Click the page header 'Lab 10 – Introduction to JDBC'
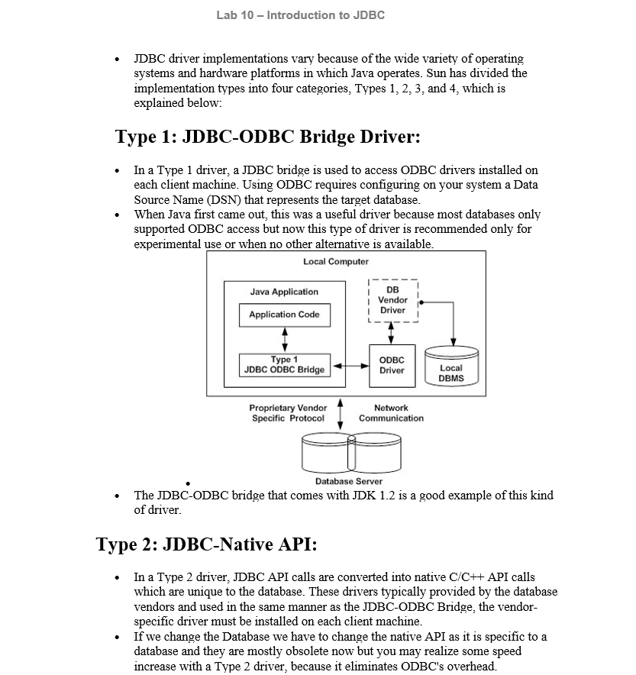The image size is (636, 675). click(300, 15)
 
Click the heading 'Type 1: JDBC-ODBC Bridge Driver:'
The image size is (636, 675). click(268, 137)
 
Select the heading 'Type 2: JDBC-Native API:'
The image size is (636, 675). click(206, 544)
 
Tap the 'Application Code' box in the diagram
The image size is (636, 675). click(284, 315)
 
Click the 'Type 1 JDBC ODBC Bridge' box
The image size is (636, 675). click(284, 364)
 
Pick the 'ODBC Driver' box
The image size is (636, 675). click(391, 365)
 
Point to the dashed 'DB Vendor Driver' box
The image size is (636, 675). click(392, 300)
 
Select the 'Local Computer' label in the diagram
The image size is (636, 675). click(336, 262)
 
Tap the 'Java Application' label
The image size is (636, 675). click(284, 292)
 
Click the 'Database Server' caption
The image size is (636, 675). click(349, 481)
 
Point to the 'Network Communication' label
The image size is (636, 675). click(391, 413)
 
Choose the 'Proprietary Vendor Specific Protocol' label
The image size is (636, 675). click(288, 413)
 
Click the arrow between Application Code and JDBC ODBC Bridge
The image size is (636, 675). click(285, 340)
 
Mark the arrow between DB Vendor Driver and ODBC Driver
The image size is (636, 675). click(392, 333)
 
